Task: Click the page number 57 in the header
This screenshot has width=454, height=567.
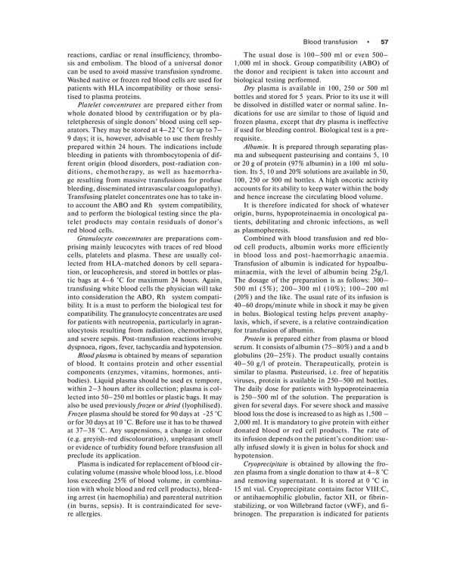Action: point(383,41)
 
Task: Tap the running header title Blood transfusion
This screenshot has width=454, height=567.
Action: point(331,41)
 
